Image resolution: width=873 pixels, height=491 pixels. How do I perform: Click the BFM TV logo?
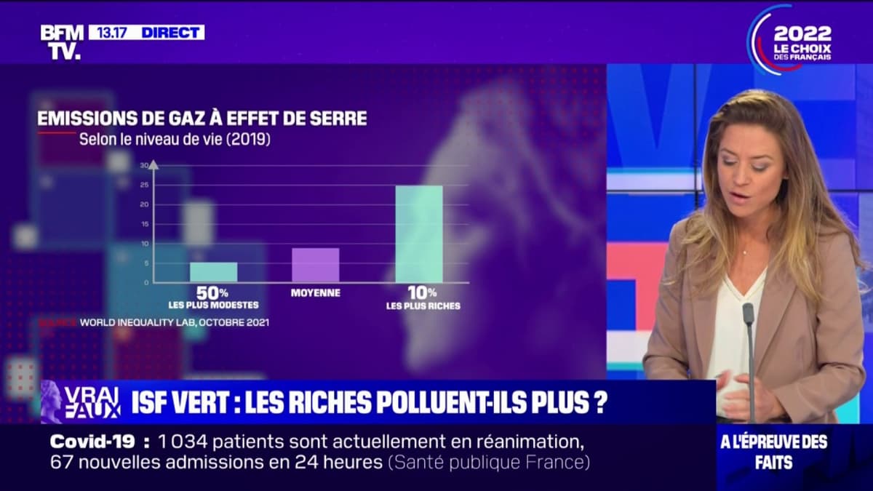[x=61, y=41]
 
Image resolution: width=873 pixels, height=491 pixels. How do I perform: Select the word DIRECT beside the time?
[x=172, y=32]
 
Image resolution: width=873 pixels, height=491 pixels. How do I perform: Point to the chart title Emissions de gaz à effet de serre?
[x=202, y=118]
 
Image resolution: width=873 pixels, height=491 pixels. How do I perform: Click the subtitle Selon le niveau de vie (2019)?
[x=175, y=139]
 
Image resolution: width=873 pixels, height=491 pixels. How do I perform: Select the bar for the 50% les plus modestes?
[x=213, y=272]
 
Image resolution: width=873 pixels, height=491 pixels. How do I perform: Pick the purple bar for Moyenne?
[x=315, y=265]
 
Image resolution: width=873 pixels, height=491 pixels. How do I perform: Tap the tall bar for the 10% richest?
[x=418, y=233]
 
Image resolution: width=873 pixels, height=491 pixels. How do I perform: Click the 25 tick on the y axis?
[x=144, y=185]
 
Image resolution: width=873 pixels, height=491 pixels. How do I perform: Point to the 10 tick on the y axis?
[x=144, y=243]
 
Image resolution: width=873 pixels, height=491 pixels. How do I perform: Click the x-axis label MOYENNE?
[x=315, y=293]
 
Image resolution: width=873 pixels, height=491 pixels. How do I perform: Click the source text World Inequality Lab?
[x=174, y=322]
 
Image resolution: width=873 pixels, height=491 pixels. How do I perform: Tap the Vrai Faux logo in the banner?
[x=81, y=402]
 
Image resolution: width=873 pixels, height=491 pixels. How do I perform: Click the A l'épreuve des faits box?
[x=794, y=451]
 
